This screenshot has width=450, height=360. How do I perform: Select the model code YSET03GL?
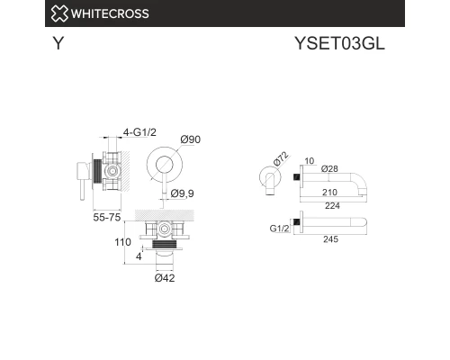(341, 44)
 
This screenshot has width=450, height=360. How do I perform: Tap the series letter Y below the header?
(58, 44)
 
